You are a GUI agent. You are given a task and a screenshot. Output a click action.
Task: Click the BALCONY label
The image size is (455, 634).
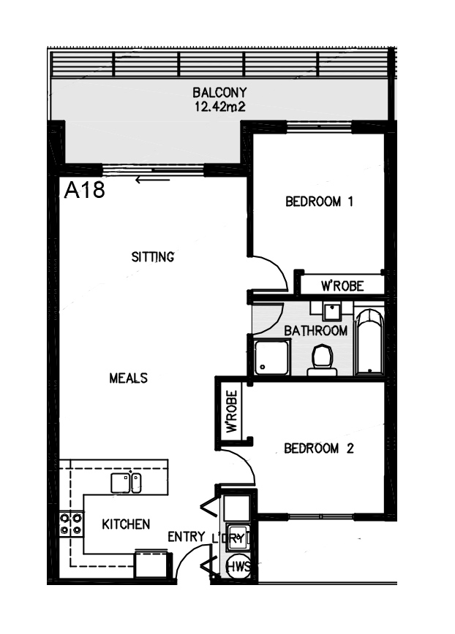(x=219, y=93)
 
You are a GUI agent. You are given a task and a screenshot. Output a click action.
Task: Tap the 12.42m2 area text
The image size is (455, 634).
(x=219, y=107)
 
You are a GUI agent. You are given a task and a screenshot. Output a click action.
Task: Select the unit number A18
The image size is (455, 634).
(x=85, y=190)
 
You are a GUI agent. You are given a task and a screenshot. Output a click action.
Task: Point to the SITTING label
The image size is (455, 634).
(x=153, y=257)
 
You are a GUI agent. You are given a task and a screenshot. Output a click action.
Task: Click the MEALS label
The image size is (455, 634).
(x=128, y=378)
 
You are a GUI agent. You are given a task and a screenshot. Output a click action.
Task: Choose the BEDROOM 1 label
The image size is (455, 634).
(x=320, y=202)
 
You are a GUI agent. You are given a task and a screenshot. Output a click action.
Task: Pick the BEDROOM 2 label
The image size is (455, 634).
(x=319, y=448)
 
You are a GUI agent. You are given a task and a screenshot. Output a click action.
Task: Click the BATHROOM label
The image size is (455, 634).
(x=316, y=331)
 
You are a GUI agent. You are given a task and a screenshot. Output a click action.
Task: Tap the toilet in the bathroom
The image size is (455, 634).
(x=322, y=360)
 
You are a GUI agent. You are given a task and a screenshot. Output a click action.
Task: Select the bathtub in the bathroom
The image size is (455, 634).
(x=369, y=342)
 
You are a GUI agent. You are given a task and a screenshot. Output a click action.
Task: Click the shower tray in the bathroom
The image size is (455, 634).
(x=272, y=357)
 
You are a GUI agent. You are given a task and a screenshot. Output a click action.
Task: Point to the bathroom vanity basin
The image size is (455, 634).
(x=332, y=312)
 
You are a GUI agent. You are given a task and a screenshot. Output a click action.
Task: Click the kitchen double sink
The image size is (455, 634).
(x=127, y=484)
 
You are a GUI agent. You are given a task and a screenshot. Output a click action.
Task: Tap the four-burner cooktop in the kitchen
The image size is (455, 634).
(x=71, y=524)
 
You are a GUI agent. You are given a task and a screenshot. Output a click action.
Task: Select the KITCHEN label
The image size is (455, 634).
(x=126, y=524)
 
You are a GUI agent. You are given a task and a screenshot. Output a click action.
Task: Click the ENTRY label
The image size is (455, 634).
(x=187, y=537)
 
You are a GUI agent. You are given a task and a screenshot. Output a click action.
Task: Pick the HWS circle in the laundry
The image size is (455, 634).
(x=238, y=567)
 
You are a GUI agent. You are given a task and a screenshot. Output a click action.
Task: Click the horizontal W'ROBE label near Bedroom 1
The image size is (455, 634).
(x=342, y=286)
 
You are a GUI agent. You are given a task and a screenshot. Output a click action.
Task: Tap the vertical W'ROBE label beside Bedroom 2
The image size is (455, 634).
(x=232, y=412)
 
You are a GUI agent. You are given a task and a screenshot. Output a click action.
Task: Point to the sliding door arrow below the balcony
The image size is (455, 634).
(x=152, y=180)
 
